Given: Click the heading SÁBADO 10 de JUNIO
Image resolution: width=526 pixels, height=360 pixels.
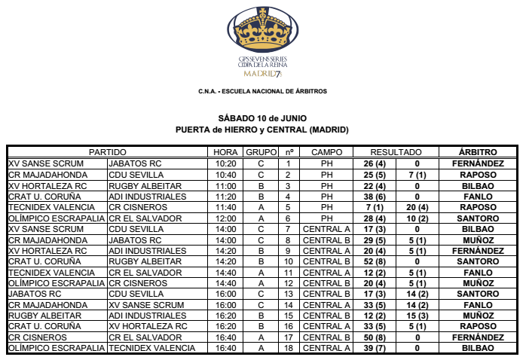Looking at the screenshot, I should [262, 119].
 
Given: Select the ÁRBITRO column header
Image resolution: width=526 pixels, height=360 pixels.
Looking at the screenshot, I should [477, 152].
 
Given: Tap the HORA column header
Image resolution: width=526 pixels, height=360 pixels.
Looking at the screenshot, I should [226, 152].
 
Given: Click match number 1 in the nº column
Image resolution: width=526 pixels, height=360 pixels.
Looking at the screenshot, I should [289, 163].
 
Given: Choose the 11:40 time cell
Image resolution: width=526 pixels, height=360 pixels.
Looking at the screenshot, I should [226, 207].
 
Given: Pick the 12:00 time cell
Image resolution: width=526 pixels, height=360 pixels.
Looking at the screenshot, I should [226, 218].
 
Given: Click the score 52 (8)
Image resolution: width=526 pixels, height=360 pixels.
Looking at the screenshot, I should [375, 261].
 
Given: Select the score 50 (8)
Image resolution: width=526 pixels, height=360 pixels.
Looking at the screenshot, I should [375, 337].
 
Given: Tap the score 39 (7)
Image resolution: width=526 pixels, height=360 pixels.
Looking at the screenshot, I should [375, 348].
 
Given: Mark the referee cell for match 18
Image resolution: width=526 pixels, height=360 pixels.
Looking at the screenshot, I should [477, 348].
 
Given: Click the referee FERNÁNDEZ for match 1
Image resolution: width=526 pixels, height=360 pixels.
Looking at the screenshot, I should [477, 163].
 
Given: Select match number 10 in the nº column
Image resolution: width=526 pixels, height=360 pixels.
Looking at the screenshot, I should [289, 261].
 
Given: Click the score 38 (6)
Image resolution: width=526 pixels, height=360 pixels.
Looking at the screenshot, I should [375, 196].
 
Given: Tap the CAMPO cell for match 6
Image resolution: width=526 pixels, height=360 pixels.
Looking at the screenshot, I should [326, 218].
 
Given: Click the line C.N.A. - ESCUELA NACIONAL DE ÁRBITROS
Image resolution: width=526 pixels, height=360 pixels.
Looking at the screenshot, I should [262, 91].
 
